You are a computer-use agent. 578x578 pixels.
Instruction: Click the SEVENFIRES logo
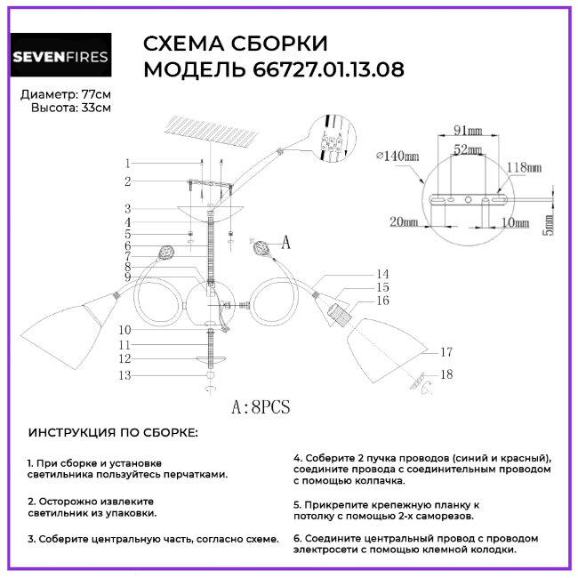tap(60, 59)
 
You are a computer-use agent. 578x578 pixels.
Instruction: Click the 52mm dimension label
tap(468, 150)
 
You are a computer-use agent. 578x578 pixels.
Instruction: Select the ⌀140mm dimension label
tap(397, 157)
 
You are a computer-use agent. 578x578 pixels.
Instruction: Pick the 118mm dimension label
tap(524, 166)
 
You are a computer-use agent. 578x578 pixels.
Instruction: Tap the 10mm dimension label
tap(513, 222)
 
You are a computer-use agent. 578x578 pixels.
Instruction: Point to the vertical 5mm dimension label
tap(549, 226)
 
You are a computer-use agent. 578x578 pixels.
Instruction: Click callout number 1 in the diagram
tap(128, 164)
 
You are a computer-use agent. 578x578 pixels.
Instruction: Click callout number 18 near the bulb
tap(446, 375)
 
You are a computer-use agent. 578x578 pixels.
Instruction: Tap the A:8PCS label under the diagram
tap(261, 408)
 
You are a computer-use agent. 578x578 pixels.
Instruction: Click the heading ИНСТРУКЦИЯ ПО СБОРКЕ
tap(115, 433)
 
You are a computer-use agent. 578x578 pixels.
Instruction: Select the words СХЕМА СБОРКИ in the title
tap(235, 44)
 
